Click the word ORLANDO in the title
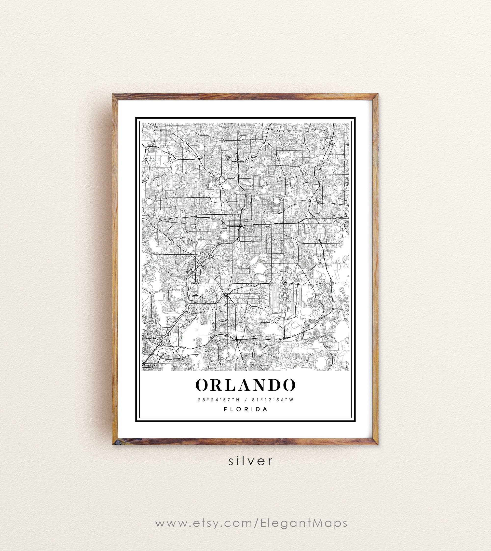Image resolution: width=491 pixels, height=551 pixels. pos(245,385)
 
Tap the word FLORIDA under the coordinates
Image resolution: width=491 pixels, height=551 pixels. pos(245,409)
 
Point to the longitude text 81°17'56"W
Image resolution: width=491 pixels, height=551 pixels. pos(273,400)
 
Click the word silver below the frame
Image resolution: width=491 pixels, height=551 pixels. pos(251,461)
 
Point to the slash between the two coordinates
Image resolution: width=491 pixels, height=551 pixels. pos(245,400)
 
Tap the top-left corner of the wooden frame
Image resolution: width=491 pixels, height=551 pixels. pos(115,96)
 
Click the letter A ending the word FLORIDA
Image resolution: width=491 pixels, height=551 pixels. pos(265,409)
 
